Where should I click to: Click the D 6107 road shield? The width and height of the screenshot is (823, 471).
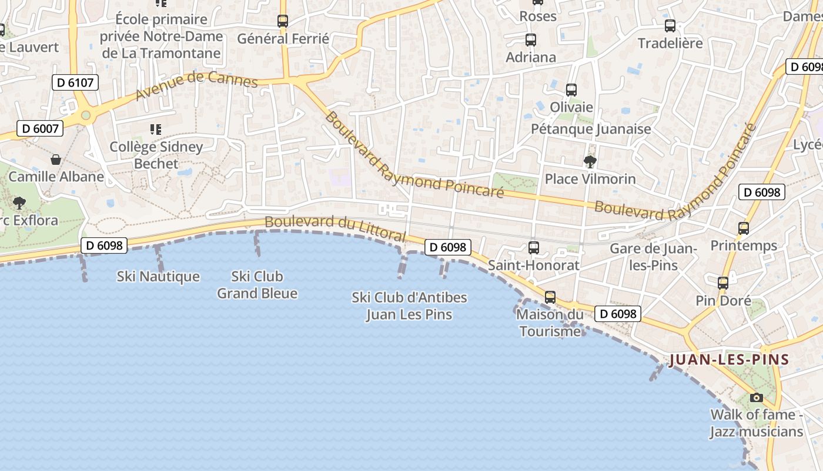(x=75, y=83)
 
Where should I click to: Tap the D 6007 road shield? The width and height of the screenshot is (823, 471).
(x=39, y=128)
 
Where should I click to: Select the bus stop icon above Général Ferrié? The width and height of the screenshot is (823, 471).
(x=283, y=21)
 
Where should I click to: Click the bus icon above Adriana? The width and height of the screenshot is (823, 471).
(x=531, y=40)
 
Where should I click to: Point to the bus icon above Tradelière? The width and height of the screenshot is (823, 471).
(x=670, y=26)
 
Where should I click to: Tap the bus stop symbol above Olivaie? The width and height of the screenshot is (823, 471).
(x=571, y=90)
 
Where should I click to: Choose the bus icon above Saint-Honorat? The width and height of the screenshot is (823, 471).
(x=534, y=248)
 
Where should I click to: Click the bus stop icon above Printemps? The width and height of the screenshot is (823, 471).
(x=744, y=228)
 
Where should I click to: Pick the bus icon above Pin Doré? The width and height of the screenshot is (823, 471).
(x=723, y=283)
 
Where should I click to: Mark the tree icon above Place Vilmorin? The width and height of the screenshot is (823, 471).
(x=590, y=161)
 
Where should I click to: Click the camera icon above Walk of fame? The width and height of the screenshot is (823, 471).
(x=757, y=397)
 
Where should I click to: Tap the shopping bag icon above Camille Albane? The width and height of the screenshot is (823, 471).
(x=56, y=159)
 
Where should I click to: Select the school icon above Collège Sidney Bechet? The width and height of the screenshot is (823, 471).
(x=156, y=129)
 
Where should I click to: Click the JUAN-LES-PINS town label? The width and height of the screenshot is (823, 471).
(x=729, y=360)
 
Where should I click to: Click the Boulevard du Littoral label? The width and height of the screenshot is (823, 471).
(x=335, y=228)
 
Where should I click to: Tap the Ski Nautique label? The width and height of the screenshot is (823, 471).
(x=158, y=276)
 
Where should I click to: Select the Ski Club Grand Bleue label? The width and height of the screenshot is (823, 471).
(x=257, y=284)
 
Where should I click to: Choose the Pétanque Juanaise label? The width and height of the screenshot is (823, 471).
(x=591, y=129)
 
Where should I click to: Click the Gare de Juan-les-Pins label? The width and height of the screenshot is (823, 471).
(x=653, y=257)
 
